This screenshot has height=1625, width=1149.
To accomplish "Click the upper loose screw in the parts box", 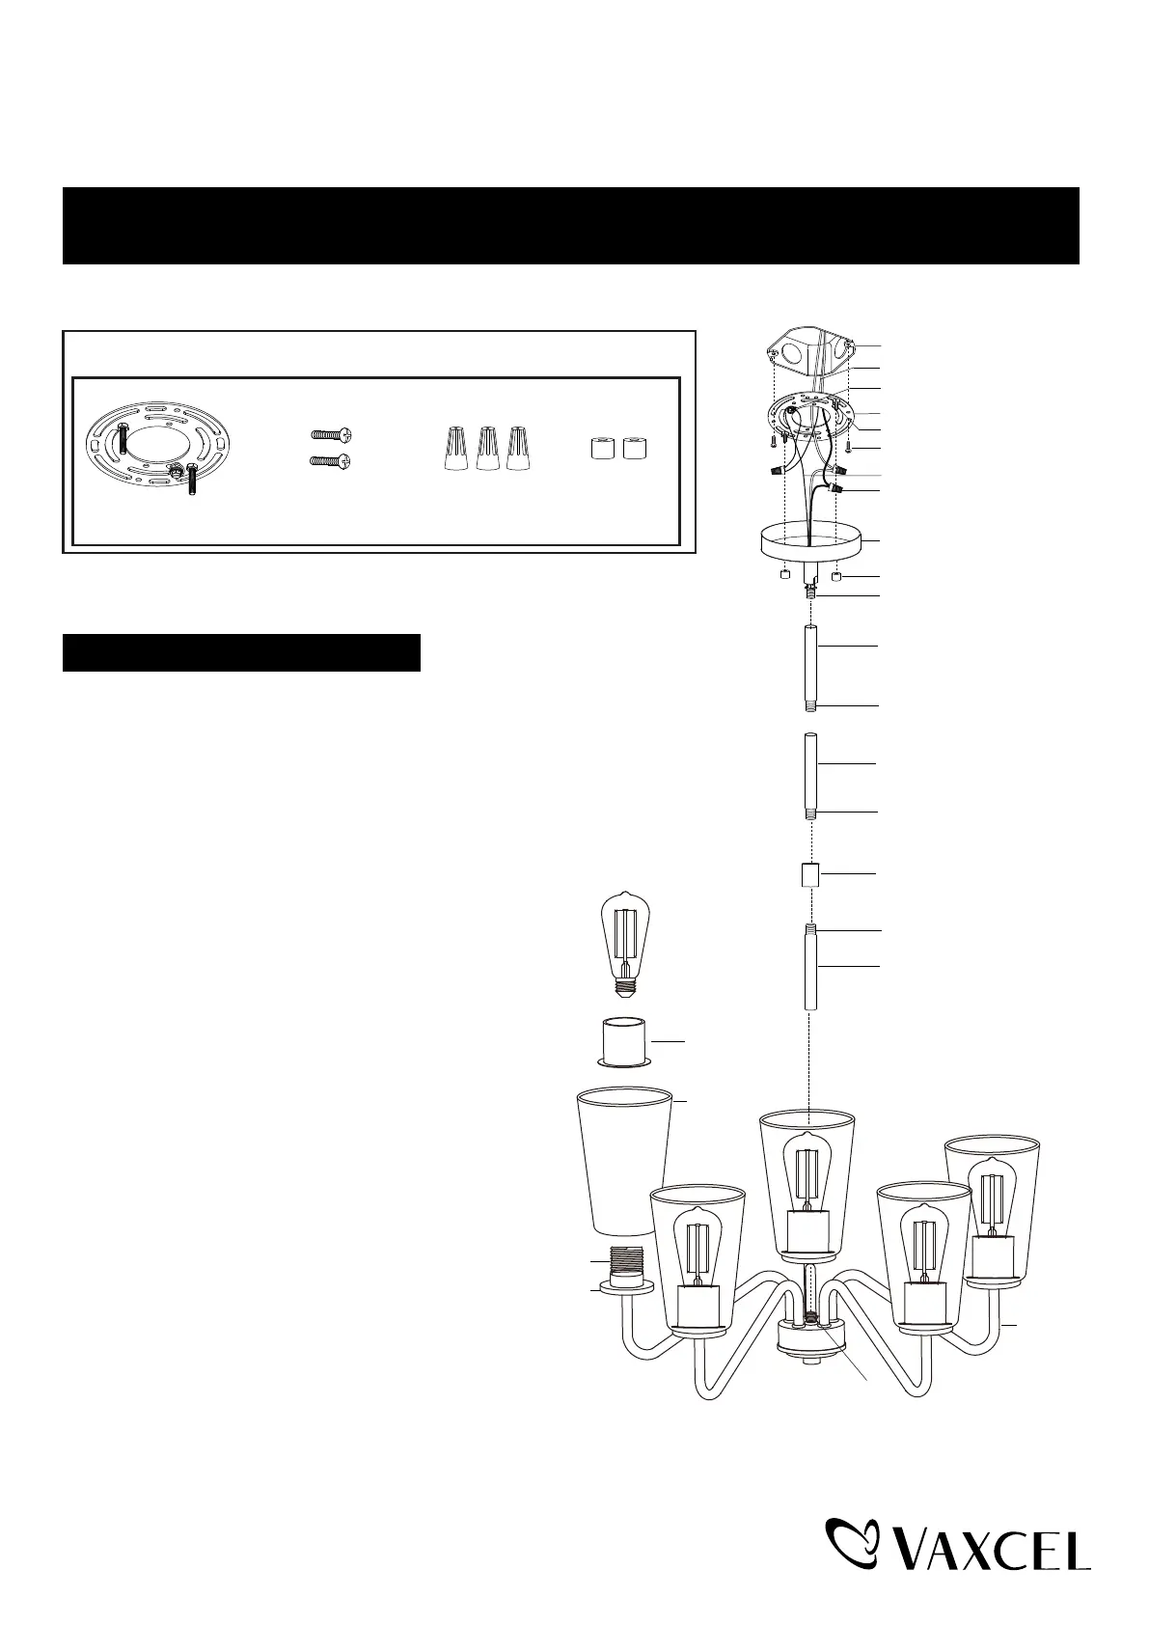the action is click(330, 436).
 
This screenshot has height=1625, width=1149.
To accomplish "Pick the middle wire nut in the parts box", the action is click(488, 450).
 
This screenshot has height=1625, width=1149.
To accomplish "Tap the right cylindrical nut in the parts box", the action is click(634, 450).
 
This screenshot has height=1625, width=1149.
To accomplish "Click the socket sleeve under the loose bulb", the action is click(623, 1041).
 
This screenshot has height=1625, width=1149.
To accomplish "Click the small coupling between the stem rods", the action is click(810, 875).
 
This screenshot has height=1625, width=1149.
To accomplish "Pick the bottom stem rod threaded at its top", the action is click(810, 968).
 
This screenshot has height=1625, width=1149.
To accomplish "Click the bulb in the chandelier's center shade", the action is click(807, 1173).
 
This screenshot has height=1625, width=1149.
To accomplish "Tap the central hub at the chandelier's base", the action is click(808, 1340).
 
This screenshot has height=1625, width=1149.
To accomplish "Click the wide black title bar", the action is click(570, 226).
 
